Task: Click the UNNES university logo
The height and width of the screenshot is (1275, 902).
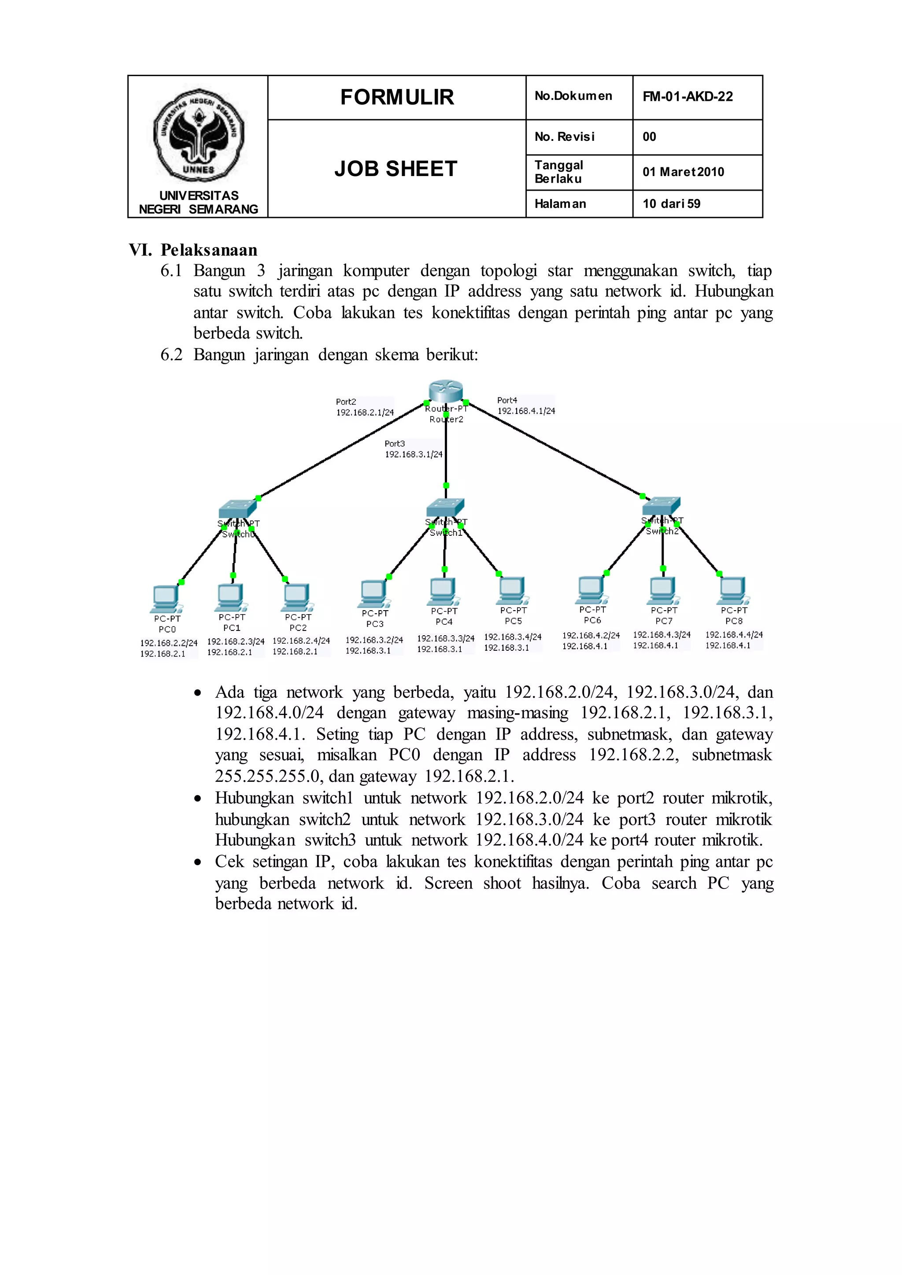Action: click(x=198, y=136)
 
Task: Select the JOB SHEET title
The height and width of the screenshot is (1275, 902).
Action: click(x=396, y=169)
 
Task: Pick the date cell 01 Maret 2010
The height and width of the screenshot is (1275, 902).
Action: click(x=683, y=172)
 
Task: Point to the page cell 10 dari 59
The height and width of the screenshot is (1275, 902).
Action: click(x=672, y=204)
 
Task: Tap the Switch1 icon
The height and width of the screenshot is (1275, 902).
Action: click(x=445, y=507)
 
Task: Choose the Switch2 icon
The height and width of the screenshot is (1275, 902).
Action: click(x=661, y=505)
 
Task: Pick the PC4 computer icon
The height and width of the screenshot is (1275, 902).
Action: click(x=443, y=591)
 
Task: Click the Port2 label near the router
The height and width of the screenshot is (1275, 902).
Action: click(x=346, y=402)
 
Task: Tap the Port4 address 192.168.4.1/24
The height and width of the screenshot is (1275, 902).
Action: click(x=526, y=411)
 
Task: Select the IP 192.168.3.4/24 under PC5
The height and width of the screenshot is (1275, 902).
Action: click(x=513, y=637)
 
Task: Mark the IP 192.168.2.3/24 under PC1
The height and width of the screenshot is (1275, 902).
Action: click(x=236, y=641)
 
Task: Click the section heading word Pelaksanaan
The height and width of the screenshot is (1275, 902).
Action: click(x=209, y=250)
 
